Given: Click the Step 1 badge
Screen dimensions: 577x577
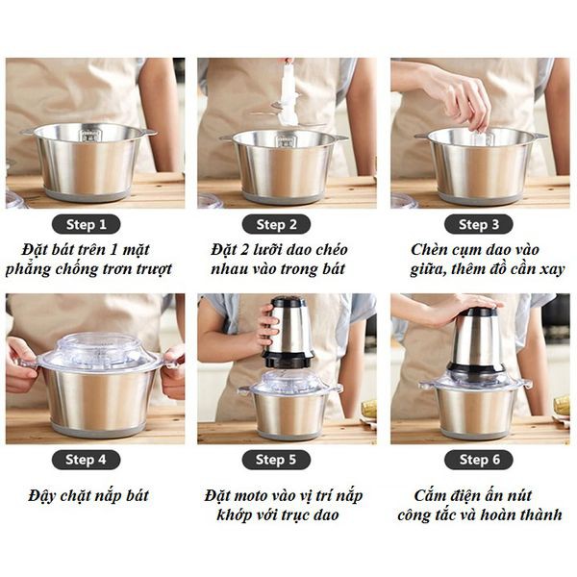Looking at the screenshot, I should (x=93, y=224).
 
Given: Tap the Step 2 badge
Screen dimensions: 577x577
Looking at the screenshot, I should (x=284, y=224).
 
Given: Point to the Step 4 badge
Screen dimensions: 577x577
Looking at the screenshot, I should (x=93, y=460).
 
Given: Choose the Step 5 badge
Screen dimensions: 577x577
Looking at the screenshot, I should (x=284, y=460).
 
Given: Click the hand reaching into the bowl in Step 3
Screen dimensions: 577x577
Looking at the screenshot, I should (x=462, y=96).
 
